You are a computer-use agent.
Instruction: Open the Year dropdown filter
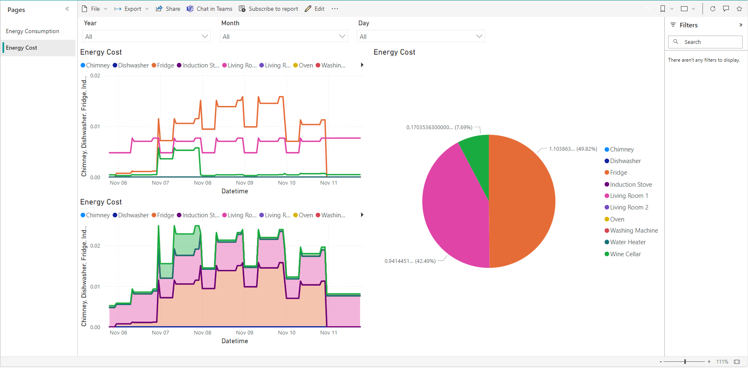pyautogui.click(x=147, y=36)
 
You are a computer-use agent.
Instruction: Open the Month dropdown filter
pyautogui.click(x=284, y=36)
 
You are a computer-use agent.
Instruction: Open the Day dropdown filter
pyautogui.click(x=421, y=36)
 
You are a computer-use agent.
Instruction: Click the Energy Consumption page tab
pyautogui.click(x=33, y=31)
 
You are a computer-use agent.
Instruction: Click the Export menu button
pyautogui.click(x=131, y=9)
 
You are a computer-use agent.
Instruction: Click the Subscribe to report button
pyautogui.click(x=269, y=9)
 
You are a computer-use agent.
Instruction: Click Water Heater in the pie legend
pyautogui.click(x=628, y=242)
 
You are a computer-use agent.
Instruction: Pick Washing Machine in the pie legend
pyautogui.click(x=633, y=231)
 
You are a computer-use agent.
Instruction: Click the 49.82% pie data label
pyautogui.click(x=573, y=149)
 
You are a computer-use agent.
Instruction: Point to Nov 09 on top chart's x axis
pyautogui.click(x=245, y=183)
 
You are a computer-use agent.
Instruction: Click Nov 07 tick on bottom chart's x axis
pyautogui.click(x=161, y=333)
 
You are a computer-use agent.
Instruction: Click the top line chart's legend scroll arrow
pyautogui.click(x=362, y=65)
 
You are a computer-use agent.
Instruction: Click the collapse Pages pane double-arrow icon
pyautogui.click(x=67, y=9)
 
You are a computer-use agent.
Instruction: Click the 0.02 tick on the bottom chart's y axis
pyautogui.click(x=95, y=246)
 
